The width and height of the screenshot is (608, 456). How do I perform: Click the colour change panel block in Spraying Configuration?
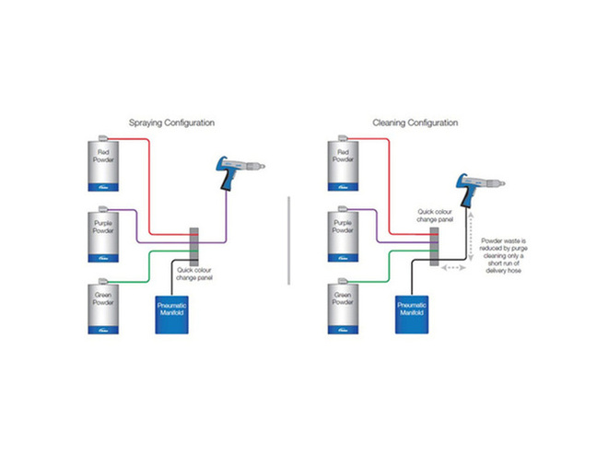click(194, 244)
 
